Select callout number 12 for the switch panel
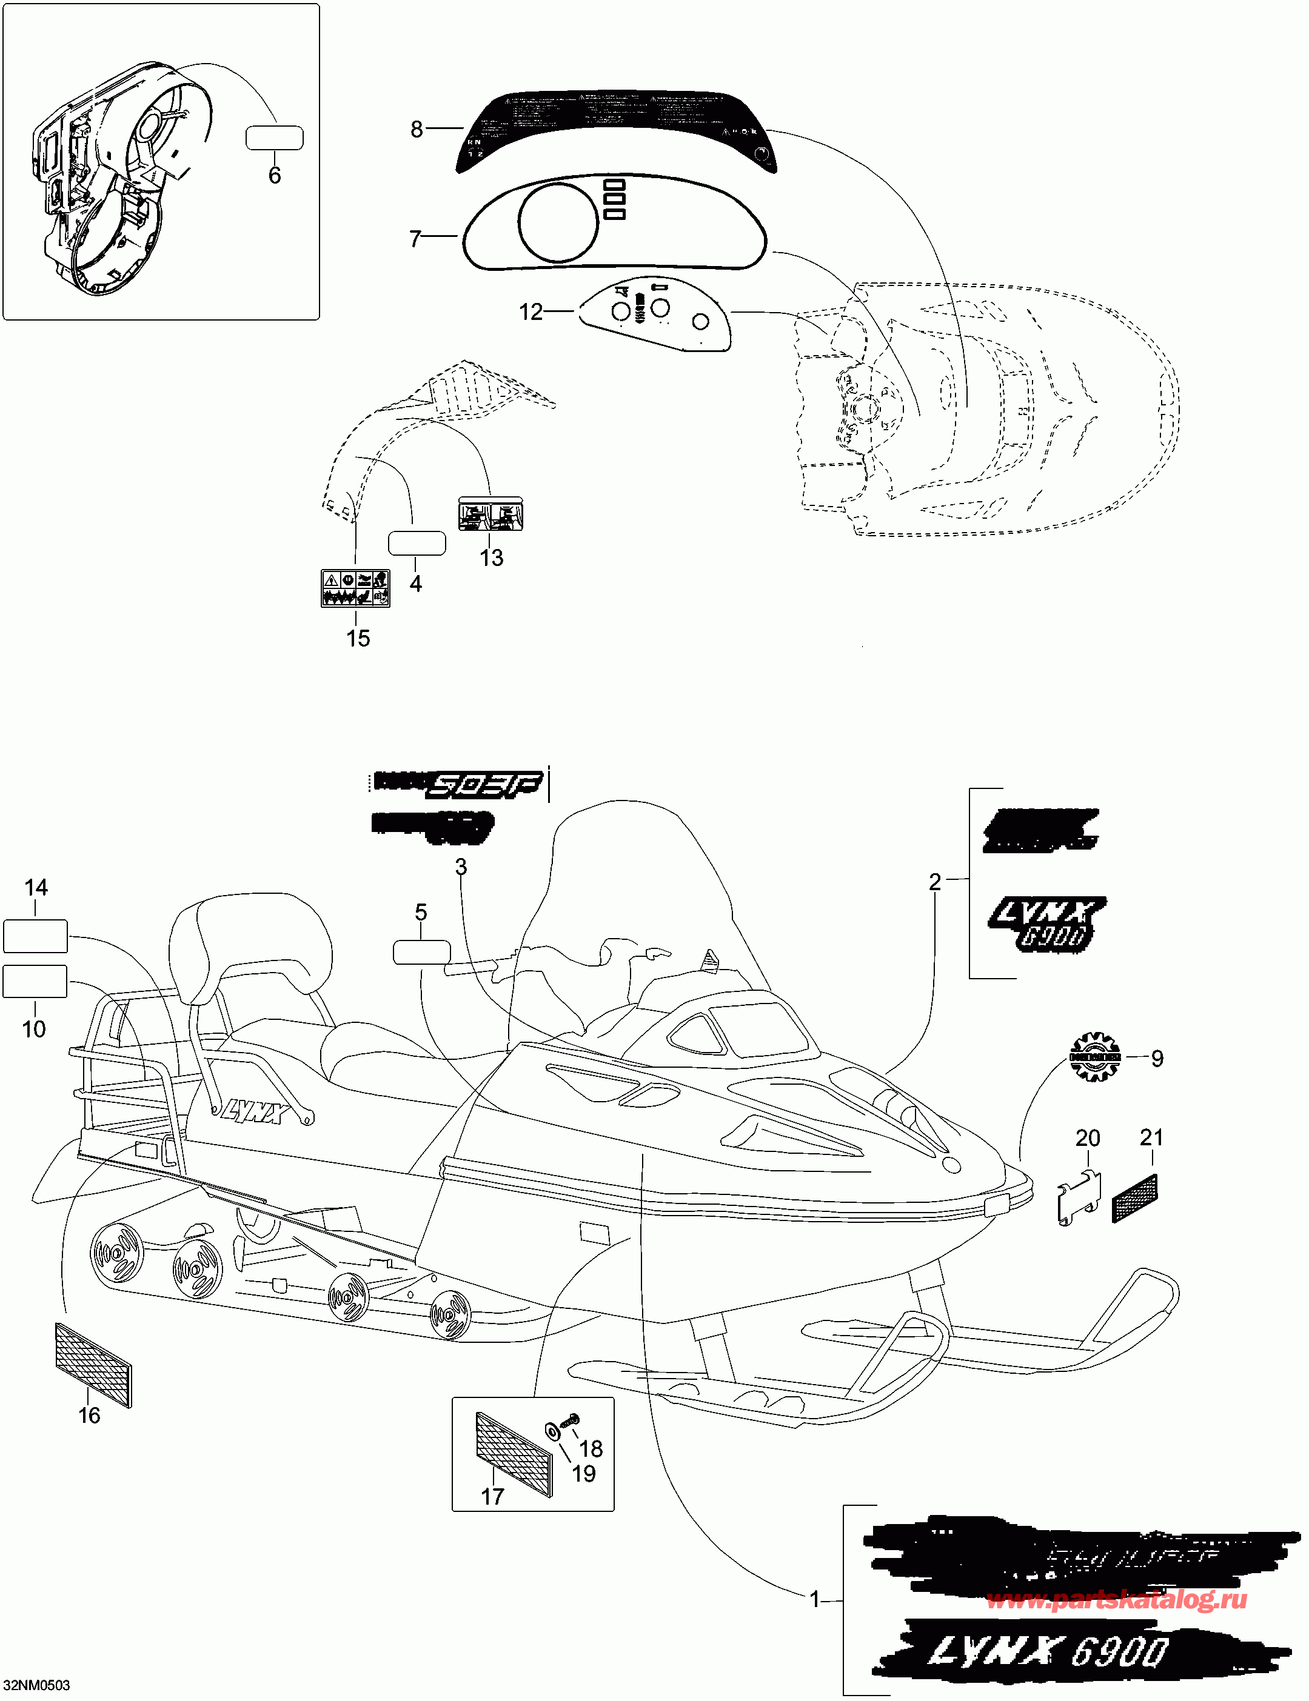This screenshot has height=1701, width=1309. click(x=531, y=312)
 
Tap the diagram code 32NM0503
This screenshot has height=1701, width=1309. click(x=36, y=1685)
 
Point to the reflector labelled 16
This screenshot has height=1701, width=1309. click(x=93, y=1363)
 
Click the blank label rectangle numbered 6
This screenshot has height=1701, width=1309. click(x=274, y=138)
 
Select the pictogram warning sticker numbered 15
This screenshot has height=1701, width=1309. click(x=356, y=588)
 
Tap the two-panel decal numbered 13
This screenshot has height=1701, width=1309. click(x=491, y=514)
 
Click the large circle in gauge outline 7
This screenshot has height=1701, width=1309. click(x=558, y=224)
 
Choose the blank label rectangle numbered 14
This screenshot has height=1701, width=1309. click(x=36, y=936)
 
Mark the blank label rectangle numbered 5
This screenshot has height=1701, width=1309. click(x=421, y=952)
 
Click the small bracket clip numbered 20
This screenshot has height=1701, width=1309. click(x=1079, y=1197)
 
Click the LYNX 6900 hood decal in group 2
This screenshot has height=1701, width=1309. click(x=1046, y=925)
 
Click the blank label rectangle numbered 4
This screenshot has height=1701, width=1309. click(x=417, y=543)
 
